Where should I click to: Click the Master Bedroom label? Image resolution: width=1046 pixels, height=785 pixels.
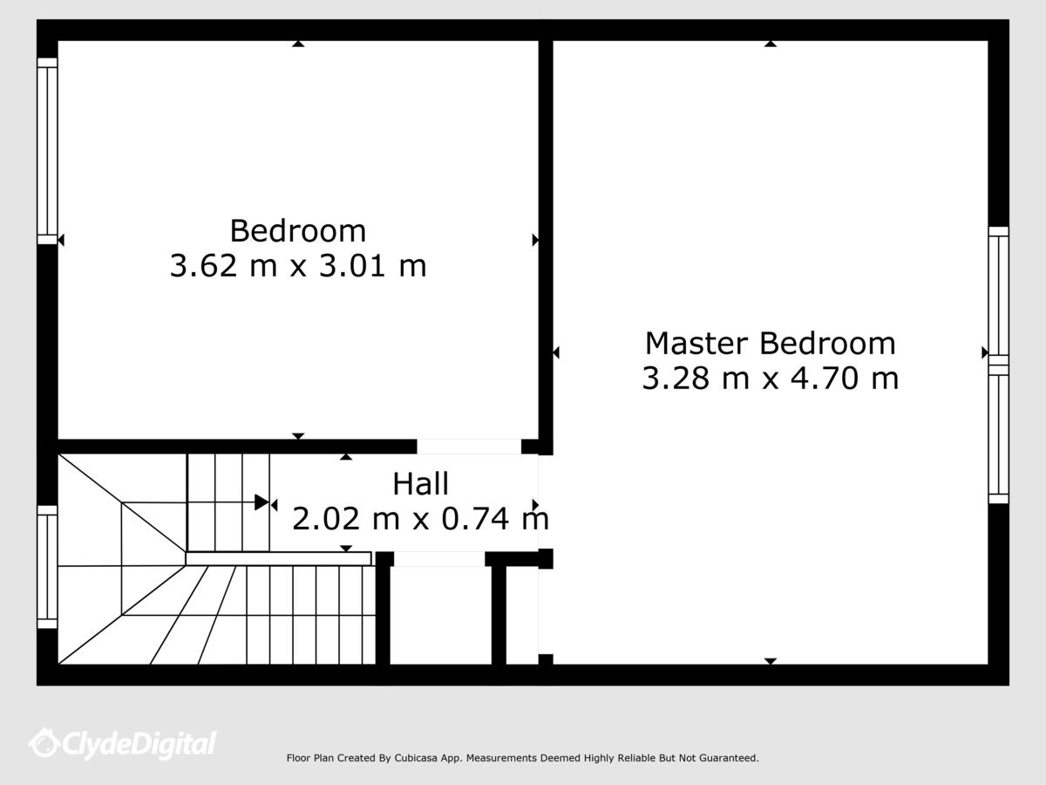[x=770, y=343]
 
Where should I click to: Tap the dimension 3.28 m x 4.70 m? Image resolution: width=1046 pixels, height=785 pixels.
[x=770, y=378]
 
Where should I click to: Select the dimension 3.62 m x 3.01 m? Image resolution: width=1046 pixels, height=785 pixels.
[x=298, y=265]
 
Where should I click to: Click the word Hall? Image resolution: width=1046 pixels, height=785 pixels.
[x=420, y=484]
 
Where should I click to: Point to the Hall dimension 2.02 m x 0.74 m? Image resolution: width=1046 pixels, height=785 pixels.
[x=420, y=519]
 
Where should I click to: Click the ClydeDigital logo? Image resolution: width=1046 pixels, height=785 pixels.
[x=123, y=743]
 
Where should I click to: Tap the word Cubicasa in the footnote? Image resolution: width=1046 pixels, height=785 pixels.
[x=416, y=758]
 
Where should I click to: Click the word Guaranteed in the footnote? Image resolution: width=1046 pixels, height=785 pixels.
[x=732, y=758]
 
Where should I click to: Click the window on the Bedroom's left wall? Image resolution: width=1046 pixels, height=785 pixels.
[x=47, y=151]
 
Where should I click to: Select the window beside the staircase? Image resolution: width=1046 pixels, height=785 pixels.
[x=47, y=567]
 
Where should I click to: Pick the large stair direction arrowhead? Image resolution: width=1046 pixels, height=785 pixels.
[x=261, y=502]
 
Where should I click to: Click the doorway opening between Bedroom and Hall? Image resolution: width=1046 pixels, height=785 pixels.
[x=469, y=447]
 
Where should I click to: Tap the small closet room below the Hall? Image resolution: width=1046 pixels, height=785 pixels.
[x=440, y=615]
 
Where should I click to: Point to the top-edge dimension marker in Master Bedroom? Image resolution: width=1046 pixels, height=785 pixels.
[x=771, y=44]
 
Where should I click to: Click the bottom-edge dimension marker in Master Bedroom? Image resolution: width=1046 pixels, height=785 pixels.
[x=771, y=661]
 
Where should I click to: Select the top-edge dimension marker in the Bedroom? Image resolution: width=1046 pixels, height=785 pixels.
[x=298, y=44]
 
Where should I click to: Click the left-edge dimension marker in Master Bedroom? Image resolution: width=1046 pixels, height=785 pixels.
[x=555, y=352]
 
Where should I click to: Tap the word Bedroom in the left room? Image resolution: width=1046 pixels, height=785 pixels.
[x=298, y=230]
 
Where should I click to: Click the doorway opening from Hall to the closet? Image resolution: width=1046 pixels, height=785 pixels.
[x=439, y=559]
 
